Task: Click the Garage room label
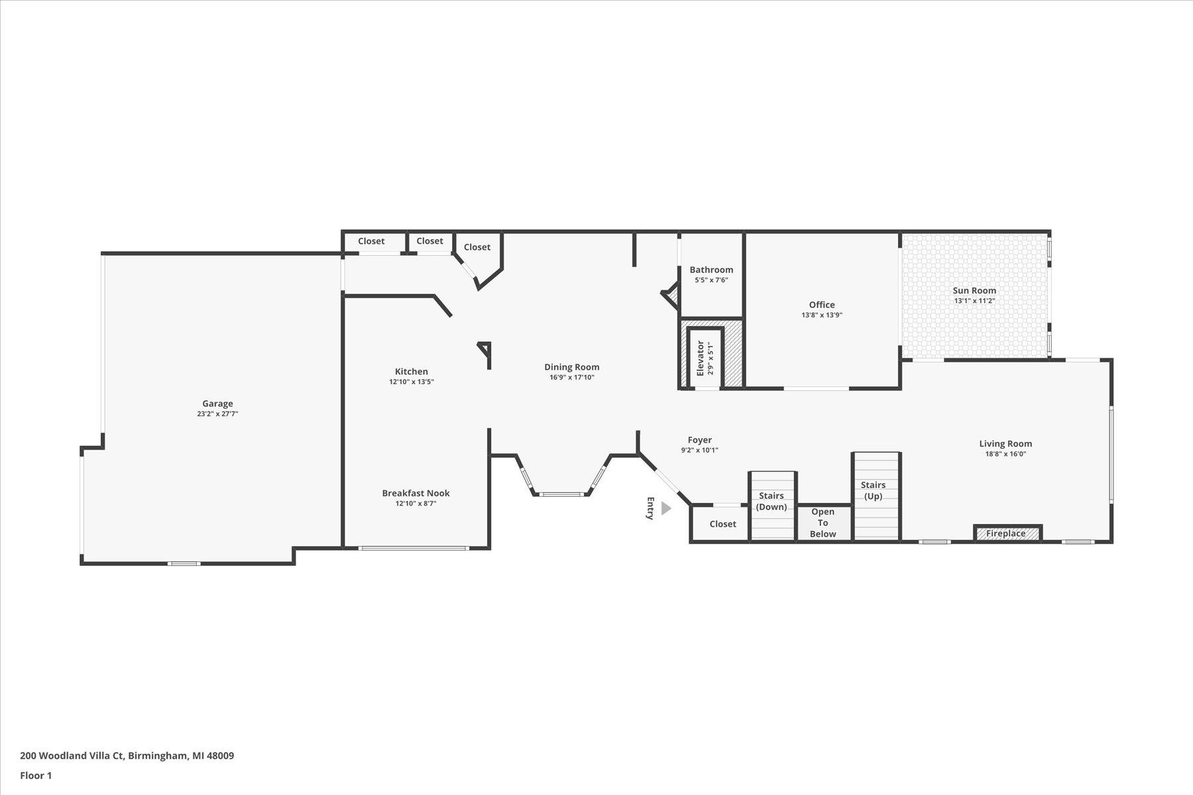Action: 217,403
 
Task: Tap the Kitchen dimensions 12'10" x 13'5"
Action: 411,382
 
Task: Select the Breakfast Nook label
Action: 416,493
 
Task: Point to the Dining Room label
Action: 571,367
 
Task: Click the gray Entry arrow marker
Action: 665,508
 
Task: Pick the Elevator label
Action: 700,358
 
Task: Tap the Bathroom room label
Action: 711,270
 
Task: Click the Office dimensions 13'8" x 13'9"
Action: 821,315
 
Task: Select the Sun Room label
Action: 974,290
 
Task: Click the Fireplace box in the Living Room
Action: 1006,533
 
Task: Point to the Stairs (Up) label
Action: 873,490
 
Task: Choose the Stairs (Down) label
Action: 771,501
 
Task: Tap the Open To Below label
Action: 823,523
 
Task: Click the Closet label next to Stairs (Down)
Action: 722,524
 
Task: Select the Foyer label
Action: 699,440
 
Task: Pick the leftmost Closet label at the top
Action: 371,241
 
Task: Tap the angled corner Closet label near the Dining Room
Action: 477,247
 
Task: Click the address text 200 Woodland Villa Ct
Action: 72,755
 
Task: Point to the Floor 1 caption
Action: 36,775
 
